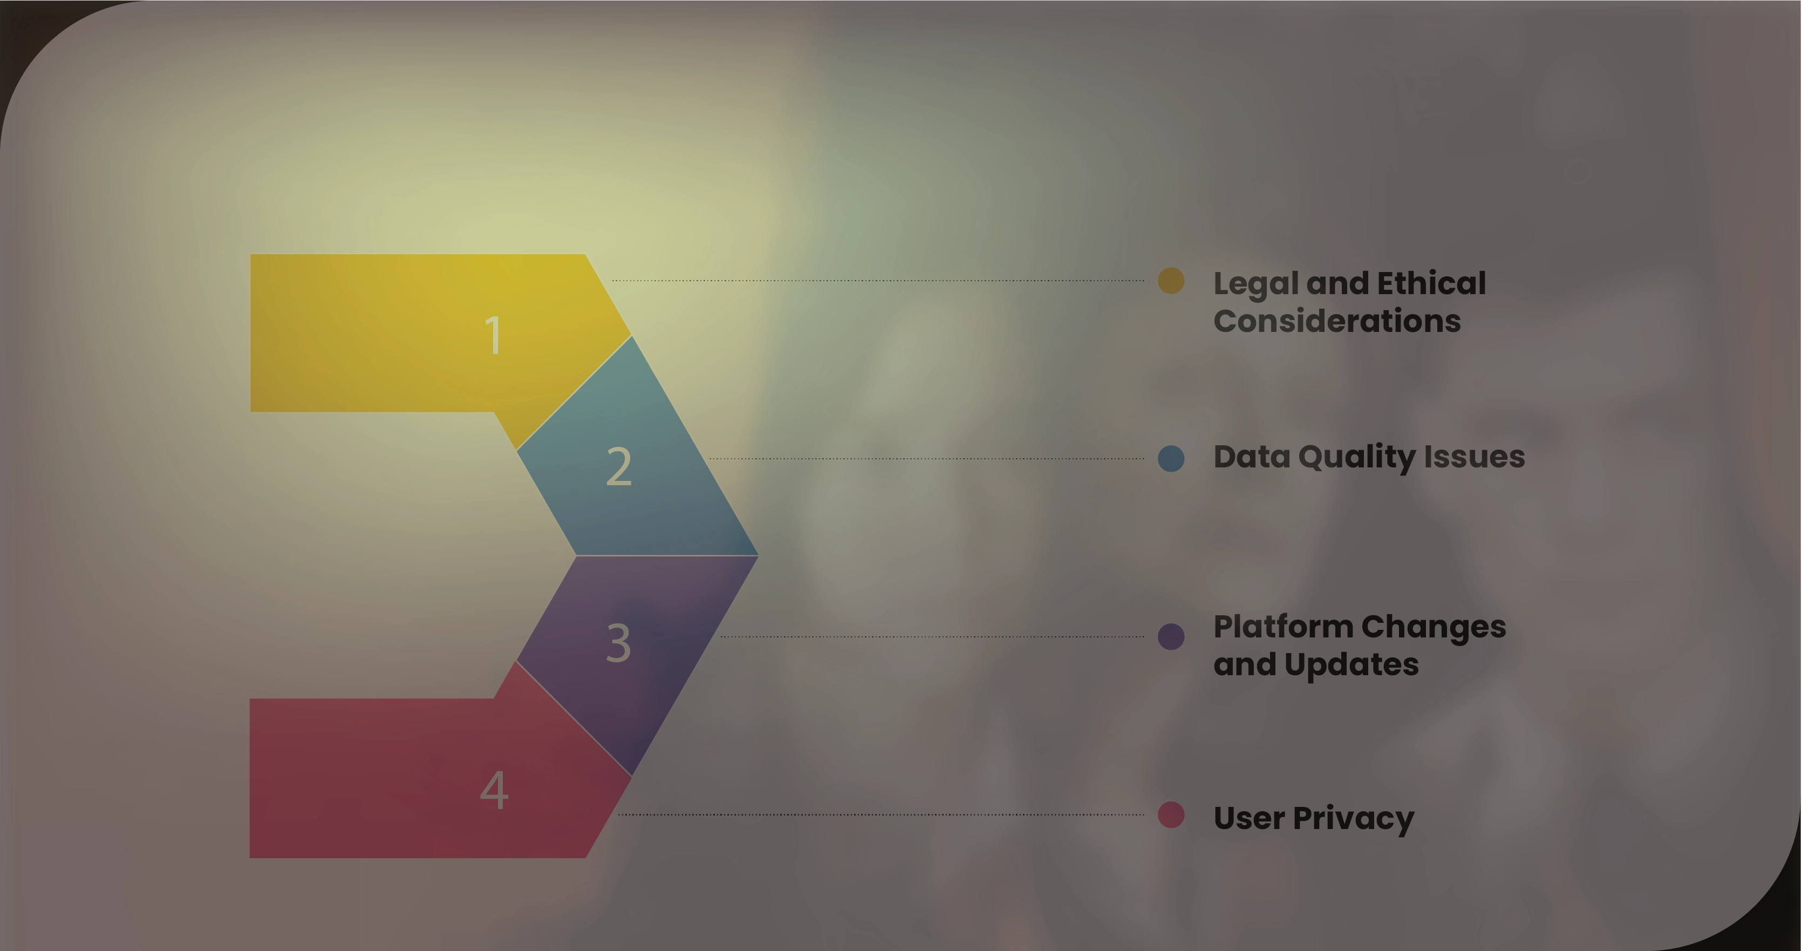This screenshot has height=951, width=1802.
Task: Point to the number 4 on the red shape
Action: [x=494, y=790]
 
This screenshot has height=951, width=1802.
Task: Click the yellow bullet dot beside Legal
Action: [x=1171, y=281]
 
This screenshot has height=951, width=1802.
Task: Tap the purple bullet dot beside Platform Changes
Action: [x=1171, y=637]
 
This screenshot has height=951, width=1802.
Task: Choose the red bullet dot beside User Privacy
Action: [x=1171, y=815]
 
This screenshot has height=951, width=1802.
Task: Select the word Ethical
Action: [x=1431, y=283]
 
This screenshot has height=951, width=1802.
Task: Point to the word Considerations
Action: [x=1337, y=321]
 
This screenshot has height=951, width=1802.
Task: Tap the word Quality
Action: [x=1356, y=458]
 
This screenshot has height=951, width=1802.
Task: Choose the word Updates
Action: [x=1351, y=665]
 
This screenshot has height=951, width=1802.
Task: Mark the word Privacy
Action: [x=1354, y=819]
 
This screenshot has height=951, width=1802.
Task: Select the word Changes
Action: [x=1434, y=628]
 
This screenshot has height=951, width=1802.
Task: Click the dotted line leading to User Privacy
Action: [x=882, y=814]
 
